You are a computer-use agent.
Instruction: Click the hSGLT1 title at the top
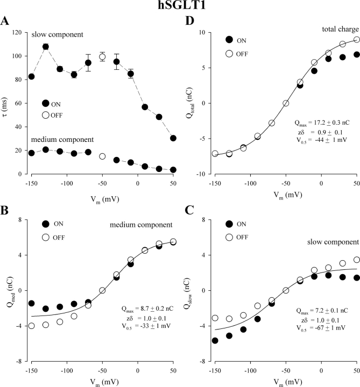click(179, 8)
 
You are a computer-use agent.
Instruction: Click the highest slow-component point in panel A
click(46, 47)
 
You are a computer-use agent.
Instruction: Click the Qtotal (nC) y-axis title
click(195, 103)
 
